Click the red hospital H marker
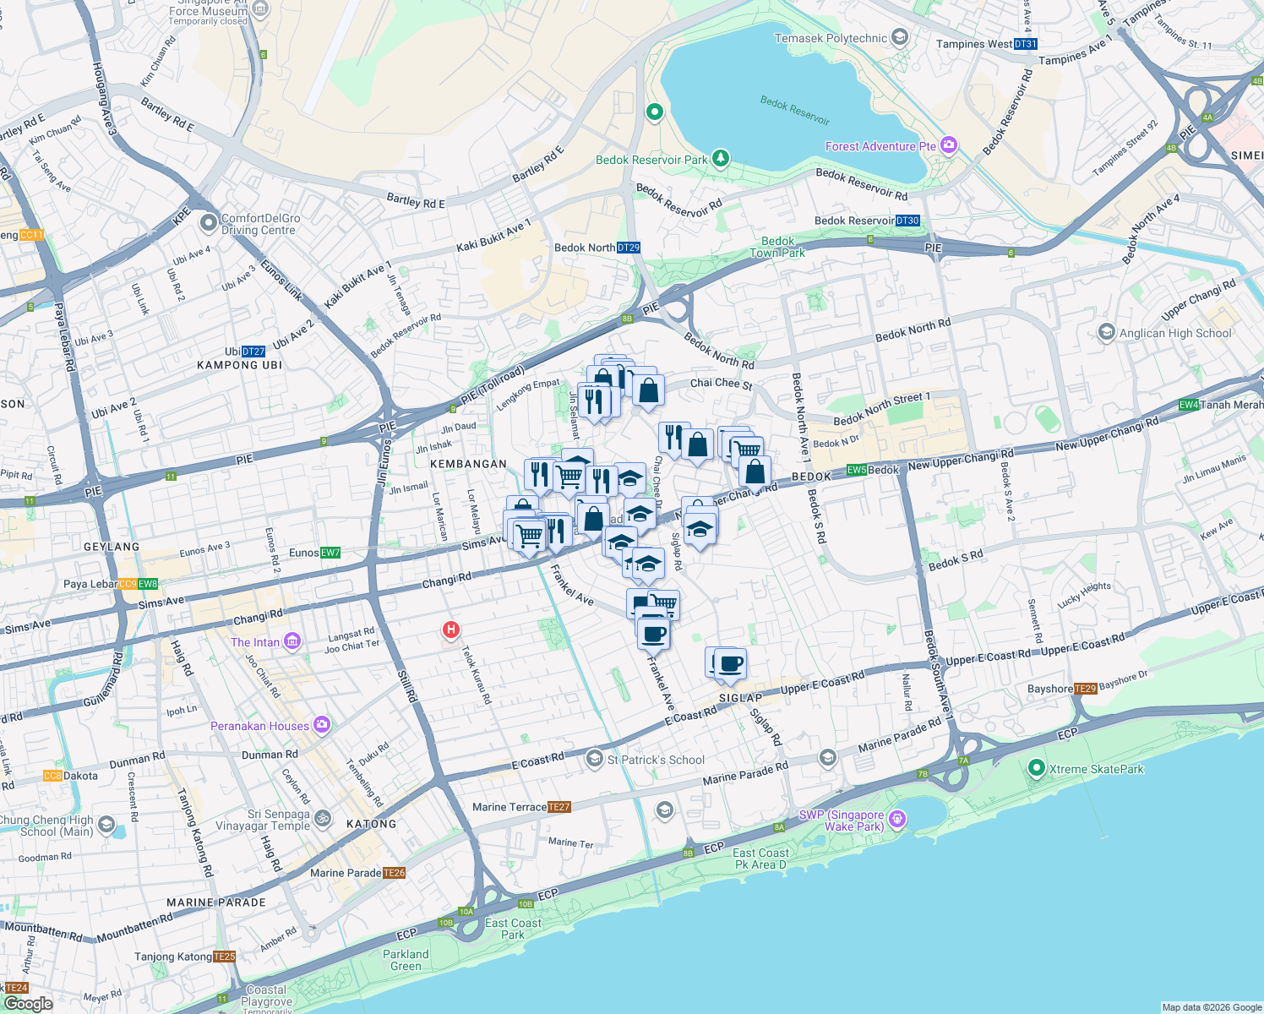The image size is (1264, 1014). pos(451,630)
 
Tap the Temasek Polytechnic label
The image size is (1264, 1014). pos(831,38)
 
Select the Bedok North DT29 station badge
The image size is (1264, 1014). pos(628,248)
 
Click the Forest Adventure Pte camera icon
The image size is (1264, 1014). pos(949,146)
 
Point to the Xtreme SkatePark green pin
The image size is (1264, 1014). pos(1036,768)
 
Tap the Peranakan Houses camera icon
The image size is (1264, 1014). pos(321,725)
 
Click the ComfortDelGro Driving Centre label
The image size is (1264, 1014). pos(260,224)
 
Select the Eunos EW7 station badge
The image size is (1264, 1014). pos(330,553)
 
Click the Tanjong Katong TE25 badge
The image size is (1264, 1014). pos(224,957)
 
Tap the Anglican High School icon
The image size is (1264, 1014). pos(1106,332)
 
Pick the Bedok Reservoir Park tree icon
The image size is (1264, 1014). pos(720,158)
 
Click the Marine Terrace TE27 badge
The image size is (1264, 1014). pos(559,807)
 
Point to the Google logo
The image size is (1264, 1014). pos(28,1003)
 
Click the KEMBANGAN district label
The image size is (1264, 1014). pos(468,464)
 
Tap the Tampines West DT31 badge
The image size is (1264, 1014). pos(1025,44)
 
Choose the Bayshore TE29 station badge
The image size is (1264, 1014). pos(1085,689)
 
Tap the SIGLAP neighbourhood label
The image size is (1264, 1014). pos(740,698)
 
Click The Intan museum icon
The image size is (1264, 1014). pos(291,641)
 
